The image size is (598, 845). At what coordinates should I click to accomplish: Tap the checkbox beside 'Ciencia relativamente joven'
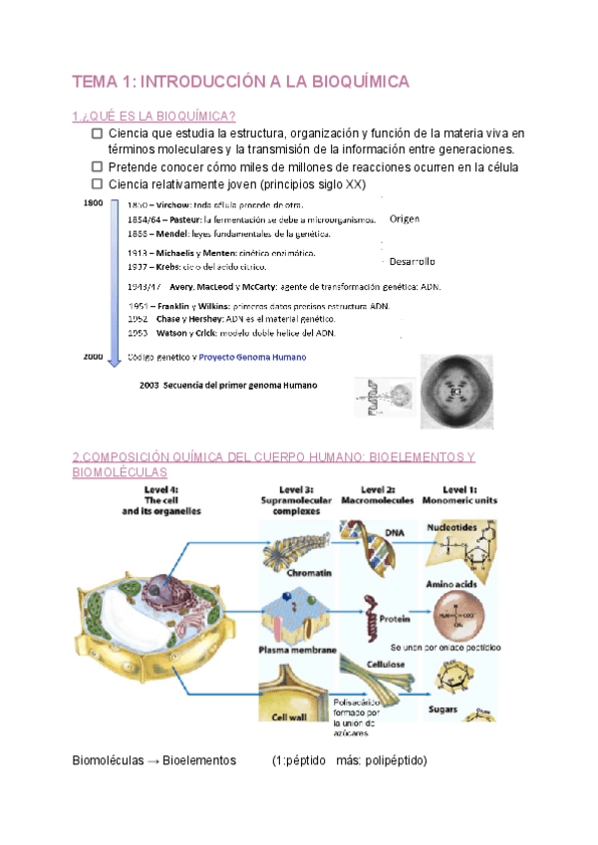(96, 184)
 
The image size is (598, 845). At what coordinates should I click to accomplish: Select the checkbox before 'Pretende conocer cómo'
(96, 167)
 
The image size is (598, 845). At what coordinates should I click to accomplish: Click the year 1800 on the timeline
(93, 203)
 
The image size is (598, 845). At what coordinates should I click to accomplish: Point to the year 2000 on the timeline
(93, 355)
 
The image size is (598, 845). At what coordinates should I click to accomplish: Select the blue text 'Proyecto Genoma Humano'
(252, 357)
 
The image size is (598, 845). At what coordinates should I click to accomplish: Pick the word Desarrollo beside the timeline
(412, 262)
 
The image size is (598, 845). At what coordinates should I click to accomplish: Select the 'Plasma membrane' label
(297, 650)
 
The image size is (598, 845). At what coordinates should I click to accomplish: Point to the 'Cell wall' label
(287, 714)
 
